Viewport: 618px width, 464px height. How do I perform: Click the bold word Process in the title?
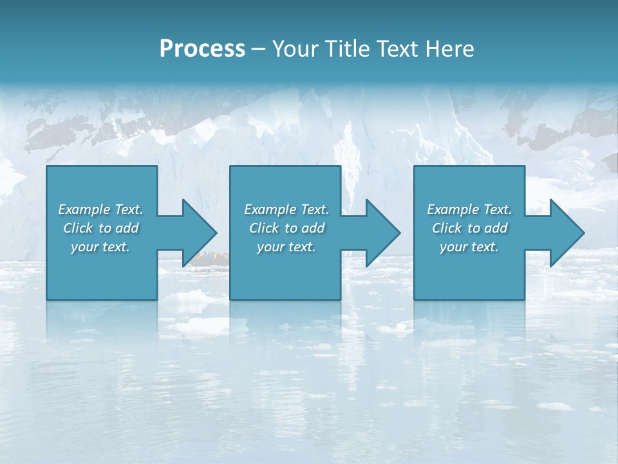[x=202, y=49]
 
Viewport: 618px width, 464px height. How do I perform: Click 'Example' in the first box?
[x=84, y=209]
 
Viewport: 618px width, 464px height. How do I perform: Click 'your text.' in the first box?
[x=100, y=247]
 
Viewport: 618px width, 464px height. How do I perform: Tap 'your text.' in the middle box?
[x=286, y=247]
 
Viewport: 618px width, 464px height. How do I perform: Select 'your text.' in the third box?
[x=469, y=247]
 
